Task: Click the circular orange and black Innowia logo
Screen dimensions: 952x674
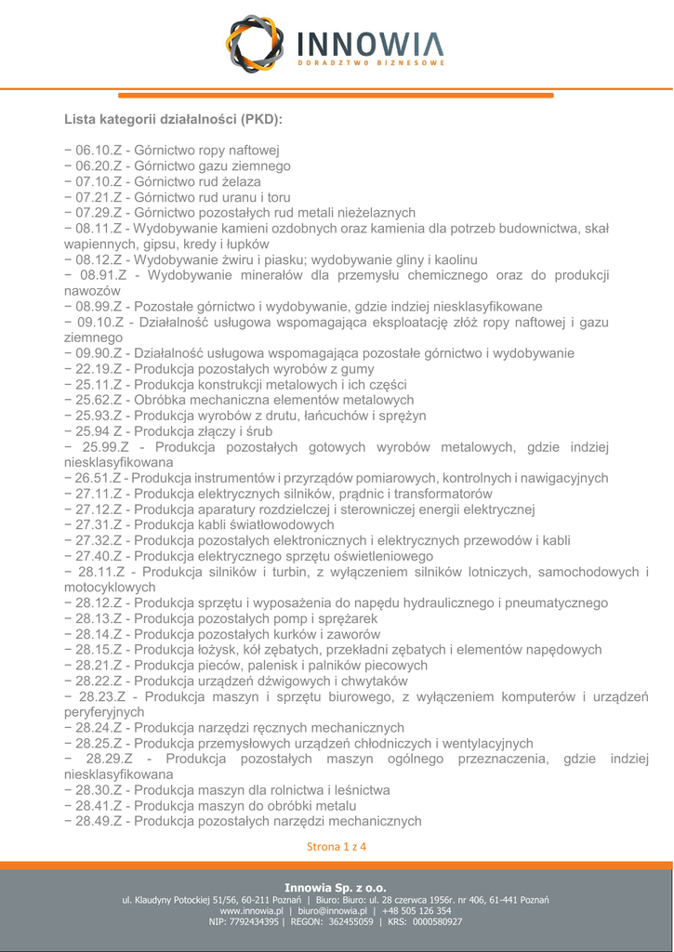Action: tap(256, 45)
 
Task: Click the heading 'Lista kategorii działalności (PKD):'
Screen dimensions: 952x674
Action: tap(173, 120)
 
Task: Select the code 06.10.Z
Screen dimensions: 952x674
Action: tap(100, 151)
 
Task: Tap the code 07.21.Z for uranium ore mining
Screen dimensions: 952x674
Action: tap(100, 197)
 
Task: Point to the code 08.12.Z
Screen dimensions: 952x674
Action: tap(100, 259)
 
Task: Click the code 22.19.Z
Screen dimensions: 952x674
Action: tap(100, 369)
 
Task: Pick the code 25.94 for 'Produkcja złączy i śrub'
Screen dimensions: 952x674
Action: tap(97, 431)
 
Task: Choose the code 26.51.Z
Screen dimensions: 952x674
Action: tap(100, 478)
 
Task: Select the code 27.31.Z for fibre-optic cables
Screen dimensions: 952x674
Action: tap(100, 525)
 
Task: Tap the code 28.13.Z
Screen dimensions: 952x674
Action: tap(100, 618)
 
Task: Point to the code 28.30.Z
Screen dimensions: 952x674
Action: tap(100, 790)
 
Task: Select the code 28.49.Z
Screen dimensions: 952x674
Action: tap(100, 822)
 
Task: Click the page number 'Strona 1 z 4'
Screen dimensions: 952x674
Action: tap(337, 847)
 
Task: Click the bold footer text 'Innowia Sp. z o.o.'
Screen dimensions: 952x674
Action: tap(336, 888)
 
